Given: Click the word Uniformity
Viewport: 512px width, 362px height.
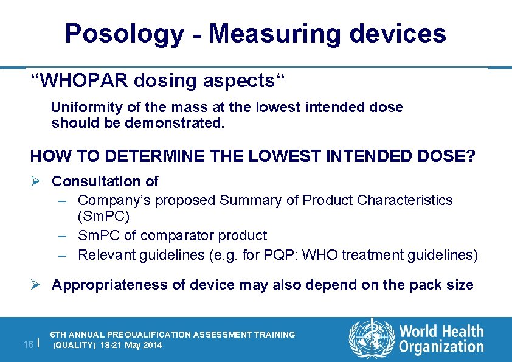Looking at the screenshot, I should pos(86,108).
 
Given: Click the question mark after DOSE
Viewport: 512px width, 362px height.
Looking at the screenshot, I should pos(471,156).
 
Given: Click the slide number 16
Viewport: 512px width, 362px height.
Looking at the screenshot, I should pos(28,344).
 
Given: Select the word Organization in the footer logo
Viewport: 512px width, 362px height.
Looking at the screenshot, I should pos(441,347).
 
